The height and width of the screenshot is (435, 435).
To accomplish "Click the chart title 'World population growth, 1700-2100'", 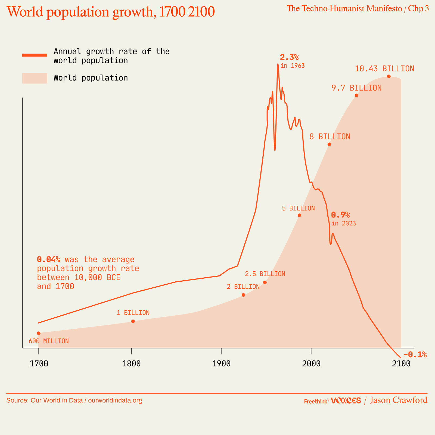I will [x=110, y=12].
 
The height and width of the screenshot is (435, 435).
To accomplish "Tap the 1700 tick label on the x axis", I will [x=39, y=363].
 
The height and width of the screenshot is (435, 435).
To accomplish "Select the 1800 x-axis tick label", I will [x=131, y=363].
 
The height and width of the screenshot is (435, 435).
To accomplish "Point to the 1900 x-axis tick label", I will [x=221, y=363].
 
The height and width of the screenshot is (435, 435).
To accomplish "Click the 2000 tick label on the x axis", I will [x=311, y=363].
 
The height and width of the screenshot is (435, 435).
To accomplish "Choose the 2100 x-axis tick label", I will [x=401, y=363].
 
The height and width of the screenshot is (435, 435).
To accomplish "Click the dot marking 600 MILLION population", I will [x=39, y=333].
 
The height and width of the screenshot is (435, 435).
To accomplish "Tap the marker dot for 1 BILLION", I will [x=133, y=321].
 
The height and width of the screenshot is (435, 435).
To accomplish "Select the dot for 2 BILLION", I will [x=243, y=295].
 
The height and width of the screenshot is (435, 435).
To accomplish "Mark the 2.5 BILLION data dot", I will [x=265, y=282].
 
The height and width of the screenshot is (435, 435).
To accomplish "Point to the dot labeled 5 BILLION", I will [x=299, y=215].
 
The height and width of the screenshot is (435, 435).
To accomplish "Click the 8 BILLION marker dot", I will [x=329, y=144].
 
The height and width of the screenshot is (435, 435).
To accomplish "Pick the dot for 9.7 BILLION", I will [x=356, y=95].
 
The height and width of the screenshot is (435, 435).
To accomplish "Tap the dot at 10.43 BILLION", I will [x=389, y=76].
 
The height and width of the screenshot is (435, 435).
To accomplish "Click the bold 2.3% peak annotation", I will [x=289, y=57].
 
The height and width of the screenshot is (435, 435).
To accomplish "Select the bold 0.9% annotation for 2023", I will [x=340, y=215].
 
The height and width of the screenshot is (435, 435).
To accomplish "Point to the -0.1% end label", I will [x=415, y=355].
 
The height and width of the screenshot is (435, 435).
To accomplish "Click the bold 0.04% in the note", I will [x=49, y=259].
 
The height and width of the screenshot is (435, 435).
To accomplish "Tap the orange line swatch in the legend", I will [x=35, y=55].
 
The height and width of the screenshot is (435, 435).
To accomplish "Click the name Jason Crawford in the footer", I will [x=399, y=400].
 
